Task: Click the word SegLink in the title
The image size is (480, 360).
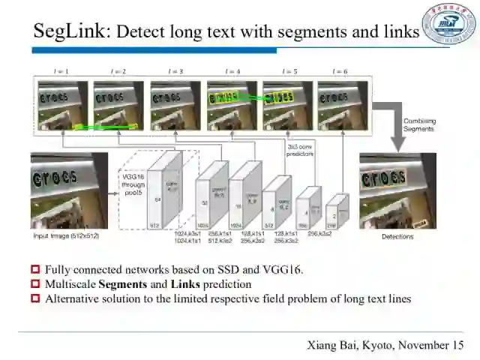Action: (x=71, y=31)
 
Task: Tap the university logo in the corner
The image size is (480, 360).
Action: (x=448, y=23)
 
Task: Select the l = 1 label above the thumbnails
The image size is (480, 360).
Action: (x=62, y=72)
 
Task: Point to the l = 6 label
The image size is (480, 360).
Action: (x=342, y=72)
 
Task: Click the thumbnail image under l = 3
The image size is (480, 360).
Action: (x=175, y=106)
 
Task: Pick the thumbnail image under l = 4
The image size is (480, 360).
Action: (x=232, y=106)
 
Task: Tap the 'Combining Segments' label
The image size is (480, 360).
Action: (x=418, y=124)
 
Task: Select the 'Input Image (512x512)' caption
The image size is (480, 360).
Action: (x=66, y=235)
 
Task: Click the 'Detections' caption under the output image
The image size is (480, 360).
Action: (x=397, y=235)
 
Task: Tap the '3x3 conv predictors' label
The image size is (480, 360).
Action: (x=300, y=150)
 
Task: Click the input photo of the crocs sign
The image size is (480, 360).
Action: (x=69, y=190)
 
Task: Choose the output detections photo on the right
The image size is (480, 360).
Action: (x=397, y=190)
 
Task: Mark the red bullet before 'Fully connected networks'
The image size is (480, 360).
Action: (x=35, y=270)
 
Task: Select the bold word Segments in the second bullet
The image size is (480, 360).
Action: (x=124, y=284)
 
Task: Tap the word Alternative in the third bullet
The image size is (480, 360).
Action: (x=70, y=298)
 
